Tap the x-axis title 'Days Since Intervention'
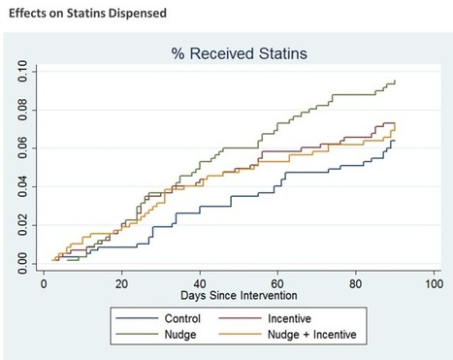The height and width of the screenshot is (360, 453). point(238,293)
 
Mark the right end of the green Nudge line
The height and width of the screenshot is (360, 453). point(396,82)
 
